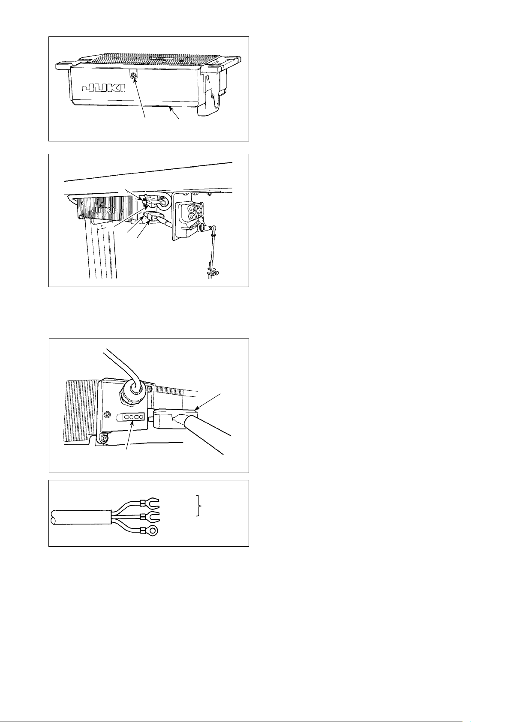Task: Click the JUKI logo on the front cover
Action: point(103,88)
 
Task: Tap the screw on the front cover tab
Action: point(133,75)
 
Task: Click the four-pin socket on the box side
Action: point(132,417)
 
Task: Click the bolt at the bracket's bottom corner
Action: point(105,439)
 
